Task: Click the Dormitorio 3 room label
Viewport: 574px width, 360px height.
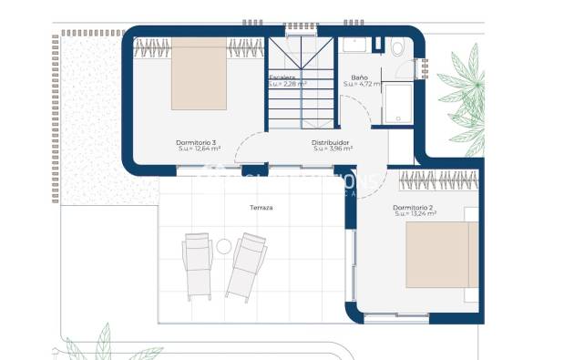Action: tap(196, 142)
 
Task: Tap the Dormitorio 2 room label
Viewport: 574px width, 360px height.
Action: tap(413, 208)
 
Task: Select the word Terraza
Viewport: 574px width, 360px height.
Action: tap(261, 208)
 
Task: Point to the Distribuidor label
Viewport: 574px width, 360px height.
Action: tap(331, 142)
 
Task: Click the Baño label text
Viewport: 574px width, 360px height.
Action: tap(359, 78)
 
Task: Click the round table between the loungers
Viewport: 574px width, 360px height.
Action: tap(223, 245)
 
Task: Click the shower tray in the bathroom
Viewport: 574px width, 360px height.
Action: tap(398, 103)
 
